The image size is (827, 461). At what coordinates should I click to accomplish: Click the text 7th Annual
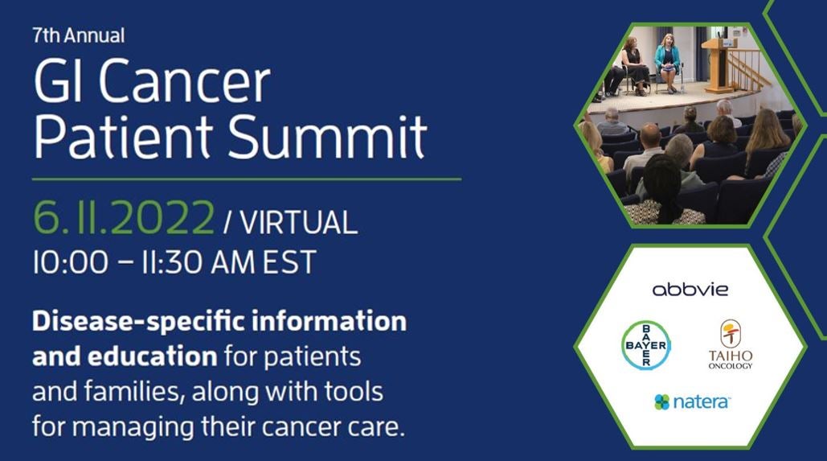[79, 35]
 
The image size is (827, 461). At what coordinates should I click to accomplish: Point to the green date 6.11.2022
[124, 217]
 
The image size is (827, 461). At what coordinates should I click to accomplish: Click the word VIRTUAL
[299, 222]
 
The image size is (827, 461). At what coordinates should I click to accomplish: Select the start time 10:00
[71, 261]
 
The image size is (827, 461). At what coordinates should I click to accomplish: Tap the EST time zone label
[289, 261]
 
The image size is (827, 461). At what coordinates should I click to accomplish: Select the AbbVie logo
[690, 290]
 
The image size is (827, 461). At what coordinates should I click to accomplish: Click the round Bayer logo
[646, 345]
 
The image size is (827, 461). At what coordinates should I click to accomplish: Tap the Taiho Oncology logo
[731, 344]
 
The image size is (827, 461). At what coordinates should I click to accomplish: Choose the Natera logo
[691, 401]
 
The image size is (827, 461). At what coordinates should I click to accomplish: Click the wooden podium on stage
[719, 65]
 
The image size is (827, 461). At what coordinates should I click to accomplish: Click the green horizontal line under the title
[246, 179]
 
